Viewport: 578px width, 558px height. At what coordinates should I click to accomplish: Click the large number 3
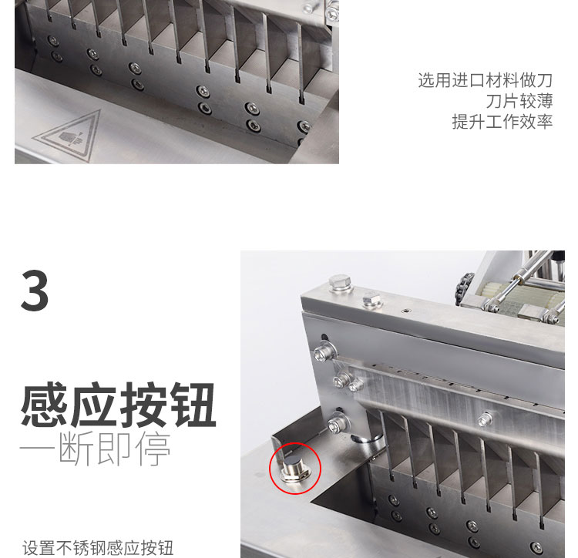35,291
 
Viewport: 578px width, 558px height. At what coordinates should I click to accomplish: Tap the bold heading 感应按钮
118,406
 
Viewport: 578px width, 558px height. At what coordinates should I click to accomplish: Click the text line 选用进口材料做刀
485,80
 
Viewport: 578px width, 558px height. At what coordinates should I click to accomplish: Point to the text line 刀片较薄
519,101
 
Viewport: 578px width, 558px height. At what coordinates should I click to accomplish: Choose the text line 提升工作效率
502,122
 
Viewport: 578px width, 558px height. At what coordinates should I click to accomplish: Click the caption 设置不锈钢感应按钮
98,548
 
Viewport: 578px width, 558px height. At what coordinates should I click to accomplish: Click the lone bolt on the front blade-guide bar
485,420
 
